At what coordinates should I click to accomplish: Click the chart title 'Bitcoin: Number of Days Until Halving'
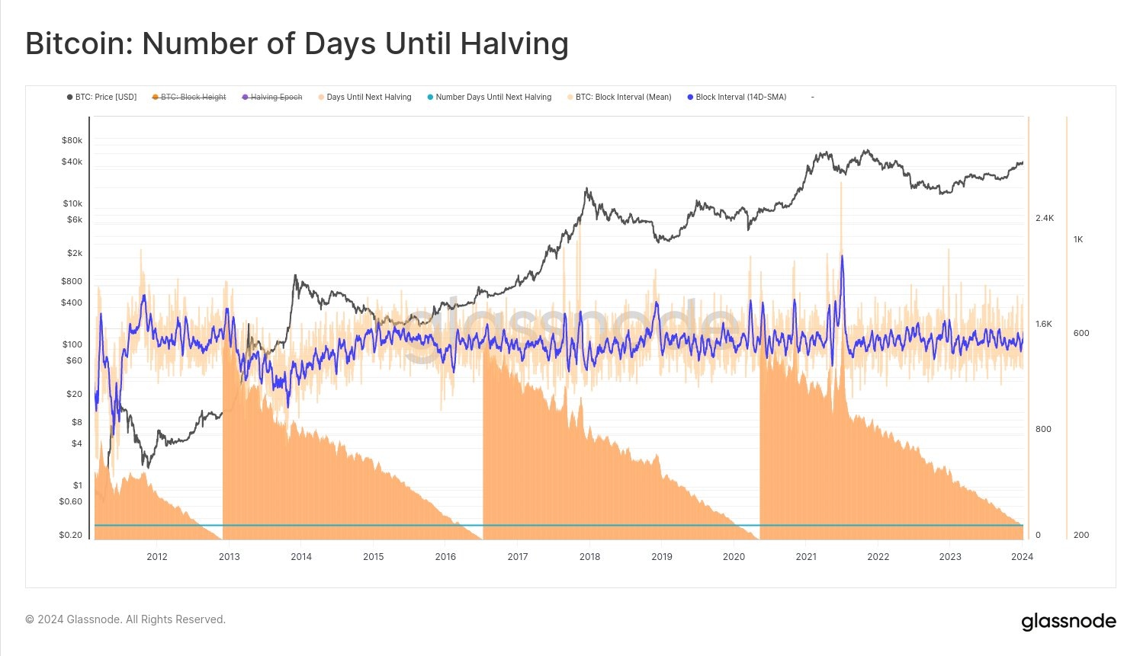click(297, 44)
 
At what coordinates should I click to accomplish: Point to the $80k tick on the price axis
click(72, 140)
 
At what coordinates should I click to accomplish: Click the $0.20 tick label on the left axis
click(70, 535)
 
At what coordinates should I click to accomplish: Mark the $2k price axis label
click(74, 253)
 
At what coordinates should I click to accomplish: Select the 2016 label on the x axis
click(445, 557)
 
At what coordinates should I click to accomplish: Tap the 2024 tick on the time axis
click(1022, 557)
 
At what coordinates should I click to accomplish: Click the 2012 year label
click(157, 557)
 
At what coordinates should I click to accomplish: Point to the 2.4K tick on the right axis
click(1045, 219)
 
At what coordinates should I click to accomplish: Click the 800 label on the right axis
click(1043, 430)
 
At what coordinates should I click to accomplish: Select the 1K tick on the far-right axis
click(1078, 240)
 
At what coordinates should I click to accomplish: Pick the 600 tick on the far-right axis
click(1081, 333)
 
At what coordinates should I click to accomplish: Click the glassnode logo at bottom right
click(1068, 622)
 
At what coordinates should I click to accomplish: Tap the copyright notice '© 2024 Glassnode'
click(125, 619)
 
